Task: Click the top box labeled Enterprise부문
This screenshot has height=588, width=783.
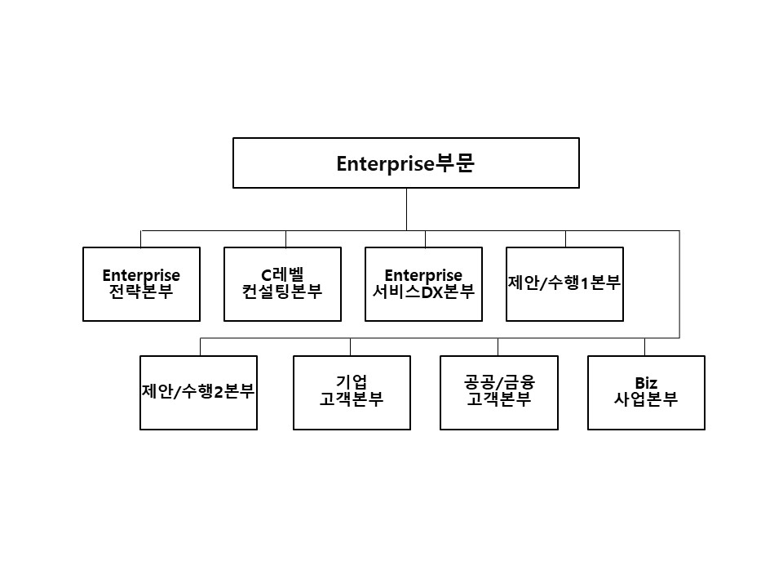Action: pos(406,163)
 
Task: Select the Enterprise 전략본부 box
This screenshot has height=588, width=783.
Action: pos(141,284)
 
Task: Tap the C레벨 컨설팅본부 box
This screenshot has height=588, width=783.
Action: pos(282,284)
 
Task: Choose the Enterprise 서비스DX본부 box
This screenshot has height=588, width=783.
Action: pos(423,284)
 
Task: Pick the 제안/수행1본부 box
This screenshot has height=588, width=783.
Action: pos(564,284)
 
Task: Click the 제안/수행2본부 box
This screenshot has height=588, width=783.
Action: pos(198,392)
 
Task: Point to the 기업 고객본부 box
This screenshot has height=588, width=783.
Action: pos(352,392)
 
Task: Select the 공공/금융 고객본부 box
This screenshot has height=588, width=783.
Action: pos(498,392)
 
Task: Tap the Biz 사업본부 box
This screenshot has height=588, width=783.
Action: pos(646,392)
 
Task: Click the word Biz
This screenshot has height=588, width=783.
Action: pos(646,383)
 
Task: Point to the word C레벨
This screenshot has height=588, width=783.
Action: pos(282,275)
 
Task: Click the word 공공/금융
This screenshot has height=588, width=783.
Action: pos(498,383)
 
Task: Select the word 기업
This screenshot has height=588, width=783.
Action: pos(352,383)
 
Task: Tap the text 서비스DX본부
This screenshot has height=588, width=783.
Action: pos(423,292)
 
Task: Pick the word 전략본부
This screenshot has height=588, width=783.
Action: pos(141,292)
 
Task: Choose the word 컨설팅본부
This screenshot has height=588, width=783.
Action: pos(282,292)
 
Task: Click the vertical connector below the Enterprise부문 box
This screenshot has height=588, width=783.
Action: pos(406,209)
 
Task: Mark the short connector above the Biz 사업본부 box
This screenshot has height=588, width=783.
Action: pos(644,347)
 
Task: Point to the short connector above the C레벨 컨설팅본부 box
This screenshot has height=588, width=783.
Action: pos(285,238)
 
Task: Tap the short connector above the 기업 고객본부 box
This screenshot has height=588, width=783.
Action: pos(351,347)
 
